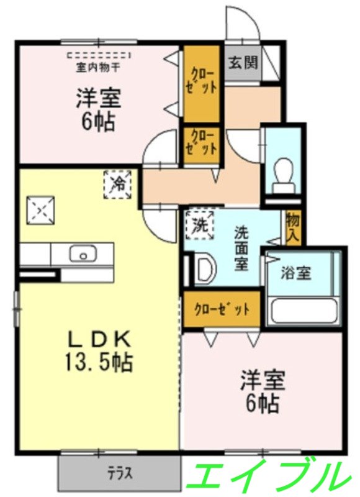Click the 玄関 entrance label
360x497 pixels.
coord(243,63)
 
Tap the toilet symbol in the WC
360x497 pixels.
coord(284,170)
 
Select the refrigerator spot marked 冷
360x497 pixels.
coord(117,184)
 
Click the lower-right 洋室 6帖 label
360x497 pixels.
coord(261,392)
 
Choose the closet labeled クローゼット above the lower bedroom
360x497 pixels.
coord(221,309)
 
